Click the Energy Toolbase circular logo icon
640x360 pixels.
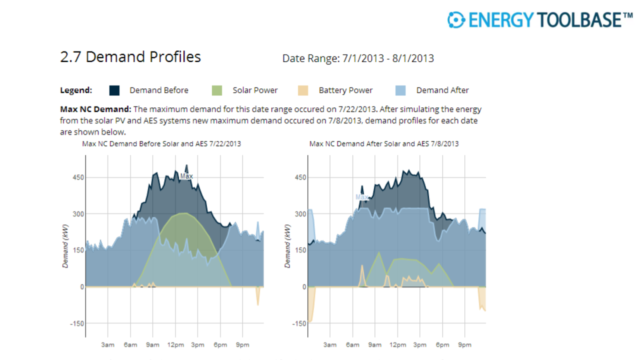456,19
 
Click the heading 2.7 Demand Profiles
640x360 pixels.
130,57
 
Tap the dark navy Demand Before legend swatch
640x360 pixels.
115,90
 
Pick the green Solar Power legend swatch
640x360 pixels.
216,90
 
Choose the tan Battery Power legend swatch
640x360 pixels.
302,90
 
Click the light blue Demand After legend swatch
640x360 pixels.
400,90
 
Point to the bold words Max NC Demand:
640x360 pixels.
95,109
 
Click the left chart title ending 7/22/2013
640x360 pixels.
161,143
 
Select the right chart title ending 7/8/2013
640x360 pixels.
384,143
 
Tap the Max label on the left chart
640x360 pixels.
186,176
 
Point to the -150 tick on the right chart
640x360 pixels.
299,323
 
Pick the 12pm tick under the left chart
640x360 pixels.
175,345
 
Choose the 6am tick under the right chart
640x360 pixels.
352,345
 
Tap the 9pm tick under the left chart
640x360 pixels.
242,345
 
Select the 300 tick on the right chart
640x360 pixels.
300,214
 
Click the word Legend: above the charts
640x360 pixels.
76,90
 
